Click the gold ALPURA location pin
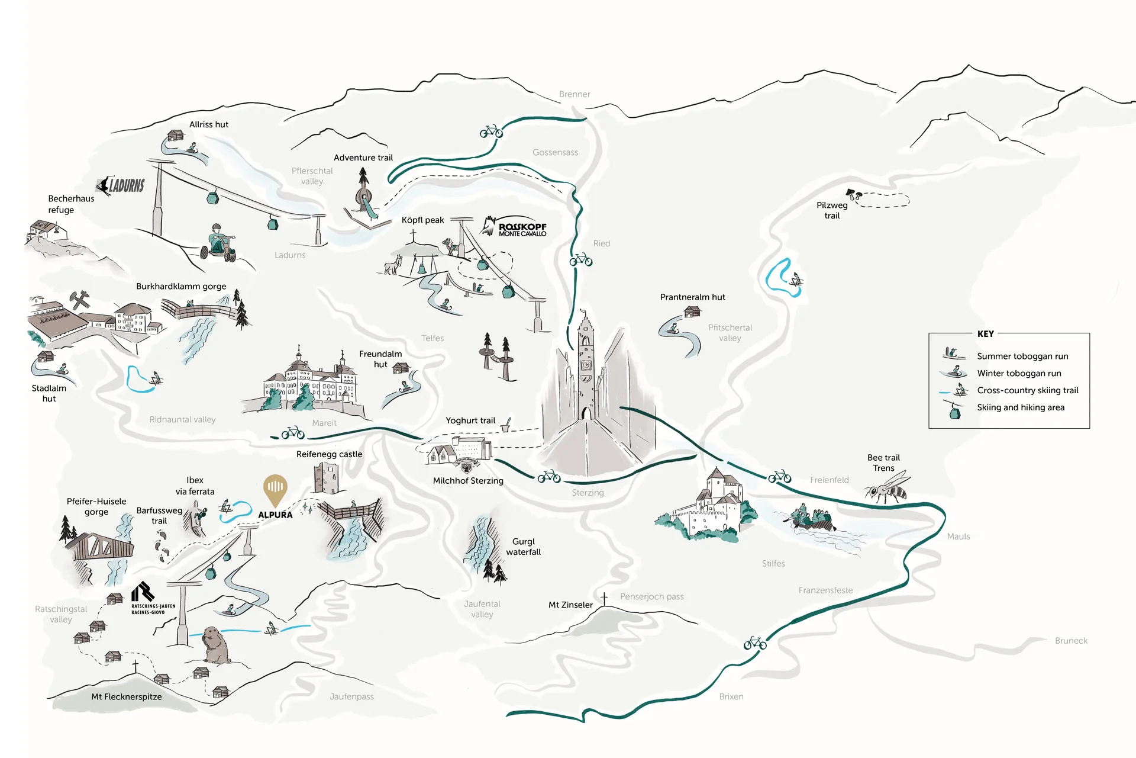click(275, 489)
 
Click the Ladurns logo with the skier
click(121, 185)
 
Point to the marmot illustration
click(214, 646)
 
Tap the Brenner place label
click(574, 94)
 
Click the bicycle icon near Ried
click(581, 259)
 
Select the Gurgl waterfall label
click(523, 547)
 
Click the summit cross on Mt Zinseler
click(604, 598)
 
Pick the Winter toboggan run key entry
click(1019, 373)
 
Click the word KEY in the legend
click(986, 334)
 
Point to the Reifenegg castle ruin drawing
click(326, 478)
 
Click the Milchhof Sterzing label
click(468, 481)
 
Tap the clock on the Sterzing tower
click(585, 365)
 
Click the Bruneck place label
click(1071, 641)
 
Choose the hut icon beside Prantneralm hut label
click(692, 311)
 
